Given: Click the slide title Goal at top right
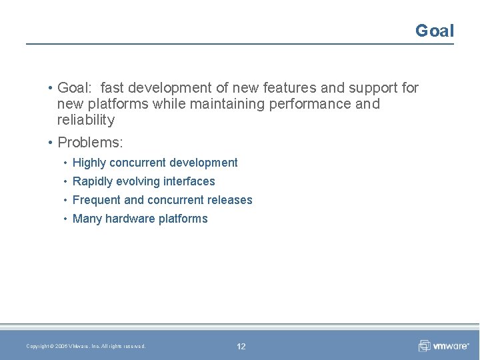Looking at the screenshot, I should point(434,31).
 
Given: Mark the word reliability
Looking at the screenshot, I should point(86,120).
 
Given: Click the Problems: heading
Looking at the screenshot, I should point(90,143).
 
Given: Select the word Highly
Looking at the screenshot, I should point(89,163).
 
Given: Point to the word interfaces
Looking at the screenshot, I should point(189,181).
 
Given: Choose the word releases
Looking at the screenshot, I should point(227,200).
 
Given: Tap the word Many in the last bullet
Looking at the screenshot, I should point(87,219).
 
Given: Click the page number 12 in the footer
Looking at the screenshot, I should point(241,346).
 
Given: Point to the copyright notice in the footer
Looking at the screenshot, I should point(85,346).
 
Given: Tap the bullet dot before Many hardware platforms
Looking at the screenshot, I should point(65,219).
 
